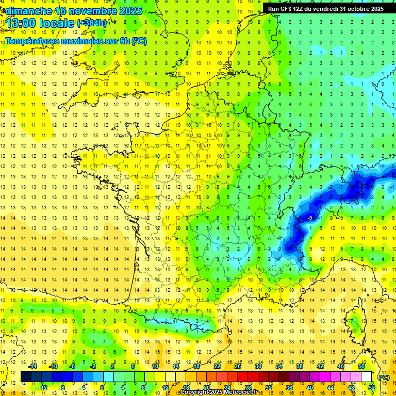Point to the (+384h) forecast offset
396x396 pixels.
coord(92,23)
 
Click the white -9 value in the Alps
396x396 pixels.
coord(310,219)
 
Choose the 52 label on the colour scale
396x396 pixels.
coord(371,388)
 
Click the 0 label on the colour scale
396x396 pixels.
coord(103,388)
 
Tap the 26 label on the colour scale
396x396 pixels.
coord(238,366)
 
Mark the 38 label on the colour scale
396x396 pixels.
coord(300,366)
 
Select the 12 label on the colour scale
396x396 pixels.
coord(166,388)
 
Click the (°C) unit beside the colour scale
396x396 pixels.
coord(384,377)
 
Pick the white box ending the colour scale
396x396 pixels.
coord(367,377)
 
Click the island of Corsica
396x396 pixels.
coord(355,322)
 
